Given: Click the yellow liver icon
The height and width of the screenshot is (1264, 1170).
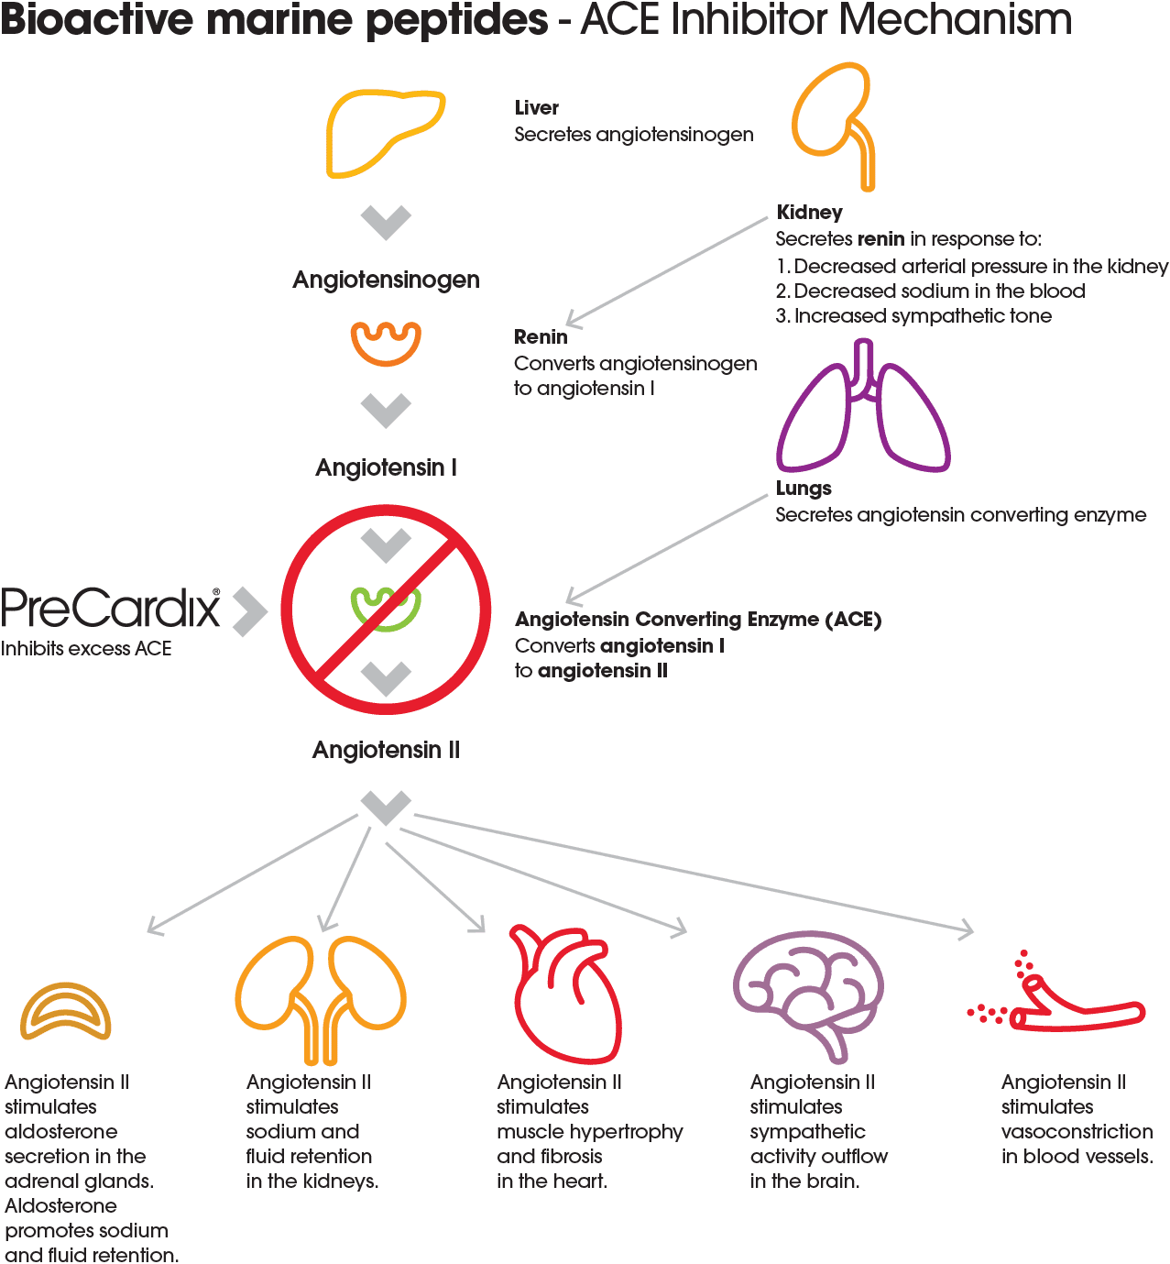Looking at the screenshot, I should click(x=383, y=133).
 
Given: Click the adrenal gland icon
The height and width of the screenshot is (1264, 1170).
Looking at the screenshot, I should click(x=65, y=1013).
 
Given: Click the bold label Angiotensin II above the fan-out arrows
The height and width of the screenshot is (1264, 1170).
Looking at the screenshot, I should click(x=386, y=750).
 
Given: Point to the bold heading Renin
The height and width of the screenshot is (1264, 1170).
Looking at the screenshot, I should click(x=541, y=336).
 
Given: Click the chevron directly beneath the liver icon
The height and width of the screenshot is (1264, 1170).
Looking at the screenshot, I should click(x=386, y=221).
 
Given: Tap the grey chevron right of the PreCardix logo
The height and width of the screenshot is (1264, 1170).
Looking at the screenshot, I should click(x=249, y=611).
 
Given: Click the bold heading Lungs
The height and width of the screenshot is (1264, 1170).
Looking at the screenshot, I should click(x=804, y=489).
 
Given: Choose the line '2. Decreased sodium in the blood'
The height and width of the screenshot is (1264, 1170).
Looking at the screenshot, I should click(x=930, y=291).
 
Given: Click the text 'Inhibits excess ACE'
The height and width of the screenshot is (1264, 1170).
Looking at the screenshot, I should click(x=87, y=649).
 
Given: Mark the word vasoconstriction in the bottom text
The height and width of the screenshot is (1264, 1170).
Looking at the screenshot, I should click(x=1077, y=1131).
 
